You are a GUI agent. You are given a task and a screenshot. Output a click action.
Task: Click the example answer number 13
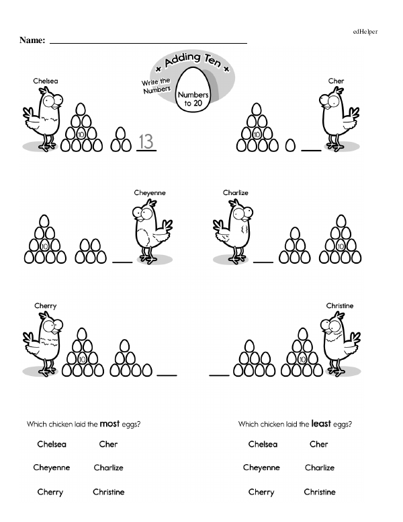click(146, 141)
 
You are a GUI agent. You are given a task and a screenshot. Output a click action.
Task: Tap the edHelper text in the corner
click(365, 32)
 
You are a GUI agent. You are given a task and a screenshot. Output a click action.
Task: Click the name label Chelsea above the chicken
click(46, 81)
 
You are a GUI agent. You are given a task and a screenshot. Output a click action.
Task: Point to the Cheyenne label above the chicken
click(150, 193)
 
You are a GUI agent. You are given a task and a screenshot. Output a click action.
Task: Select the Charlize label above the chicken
click(235, 193)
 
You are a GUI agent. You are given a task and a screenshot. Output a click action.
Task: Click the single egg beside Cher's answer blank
click(290, 145)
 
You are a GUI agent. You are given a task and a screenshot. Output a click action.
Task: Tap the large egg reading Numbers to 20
click(193, 90)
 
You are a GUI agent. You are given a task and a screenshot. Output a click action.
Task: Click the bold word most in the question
click(109, 424)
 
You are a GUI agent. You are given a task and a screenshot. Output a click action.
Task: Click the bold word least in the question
click(321, 424)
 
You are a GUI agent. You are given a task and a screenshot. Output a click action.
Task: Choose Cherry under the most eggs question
click(50, 492)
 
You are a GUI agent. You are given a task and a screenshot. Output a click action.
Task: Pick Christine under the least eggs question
click(320, 492)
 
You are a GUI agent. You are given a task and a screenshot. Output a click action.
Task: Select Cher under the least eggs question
click(318, 444)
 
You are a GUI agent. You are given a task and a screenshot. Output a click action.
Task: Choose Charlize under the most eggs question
click(108, 468)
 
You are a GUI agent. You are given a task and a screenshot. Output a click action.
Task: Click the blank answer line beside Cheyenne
click(122, 262)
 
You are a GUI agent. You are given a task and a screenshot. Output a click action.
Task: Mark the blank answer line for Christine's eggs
click(219, 375)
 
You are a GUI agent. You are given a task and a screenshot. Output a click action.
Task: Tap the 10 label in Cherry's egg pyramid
click(82, 359)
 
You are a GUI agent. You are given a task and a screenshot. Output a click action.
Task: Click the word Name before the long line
click(32, 40)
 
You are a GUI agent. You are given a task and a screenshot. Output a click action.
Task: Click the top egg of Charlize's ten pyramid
click(341, 221)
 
